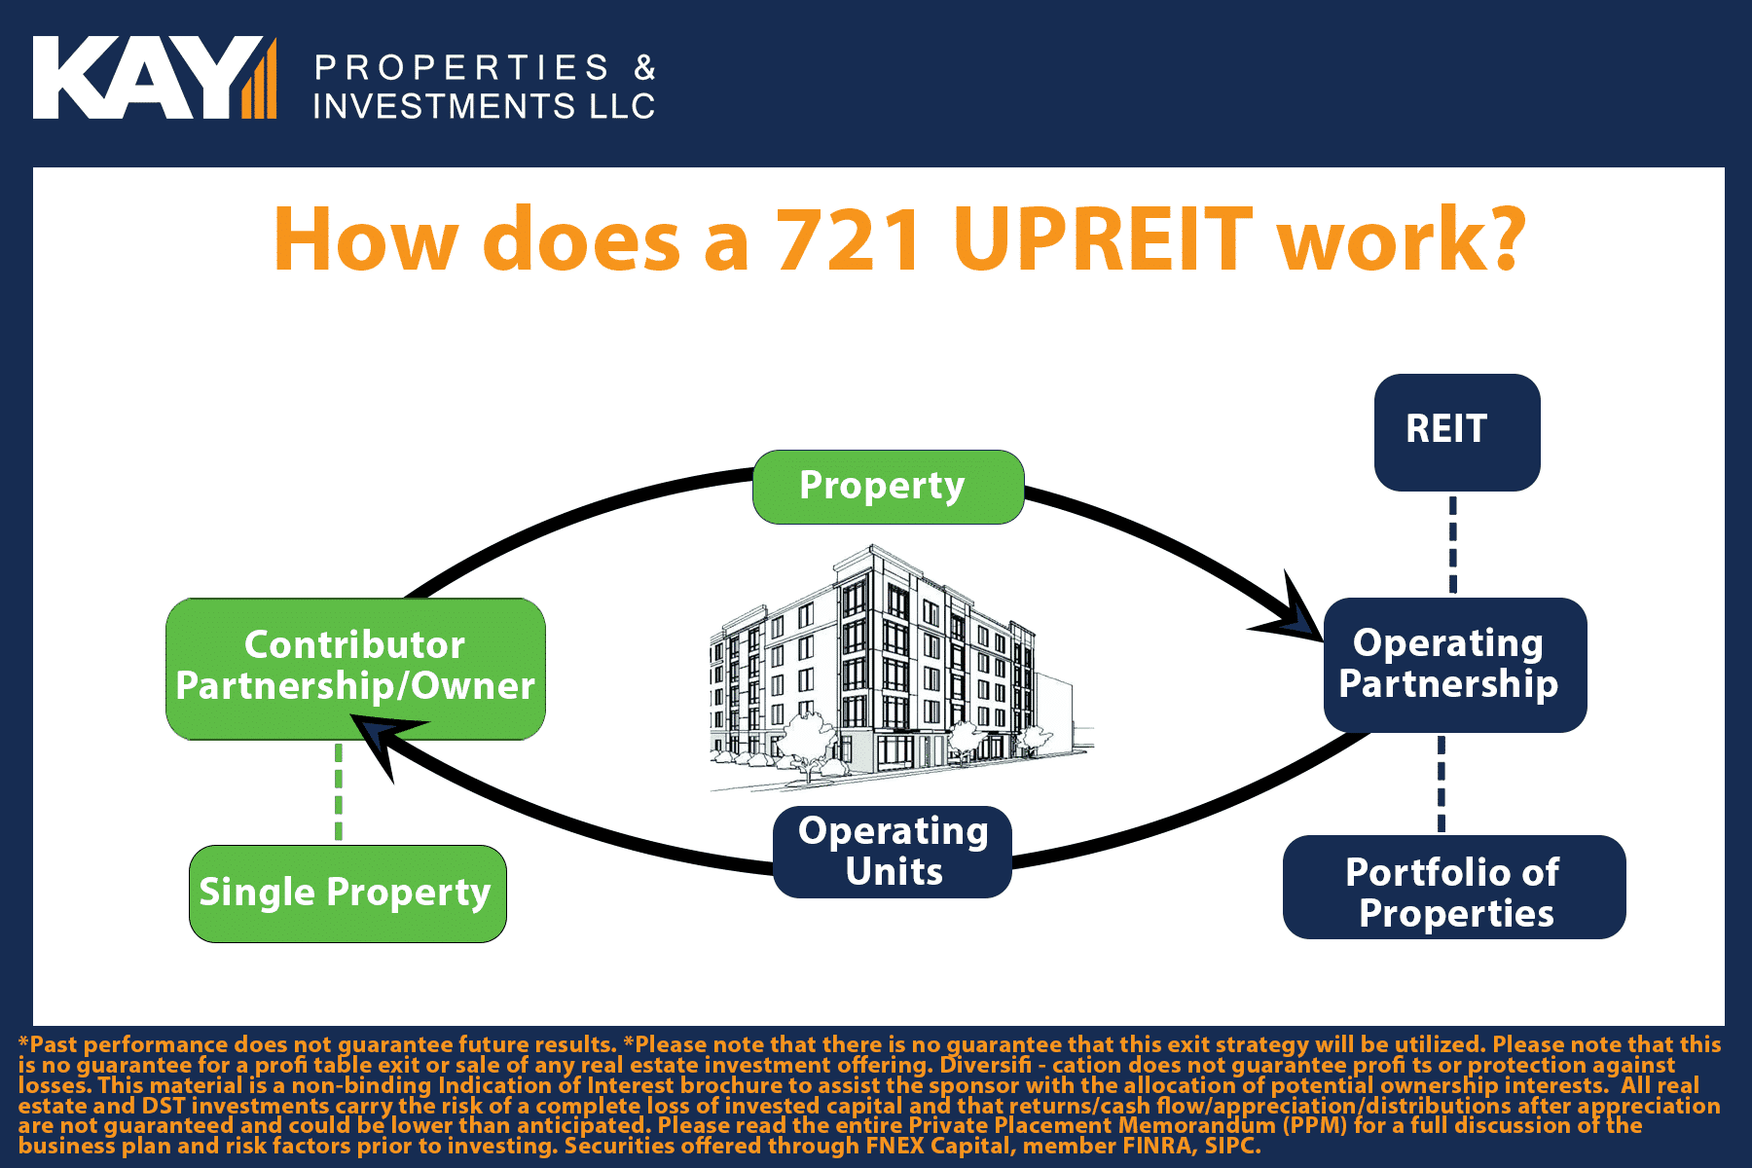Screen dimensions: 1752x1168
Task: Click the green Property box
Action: pos(888,487)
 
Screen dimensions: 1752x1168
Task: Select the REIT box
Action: pos(1457,432)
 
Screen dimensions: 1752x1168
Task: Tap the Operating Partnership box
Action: pos(1455,665)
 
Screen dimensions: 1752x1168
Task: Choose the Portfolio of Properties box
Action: pos(1454,887)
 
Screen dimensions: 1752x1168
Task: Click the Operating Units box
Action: pos(893,852)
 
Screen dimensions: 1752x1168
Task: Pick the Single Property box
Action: pos(347,894)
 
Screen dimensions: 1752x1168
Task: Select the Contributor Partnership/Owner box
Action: pos(355,669)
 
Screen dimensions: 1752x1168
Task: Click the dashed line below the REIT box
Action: pos(1453,545)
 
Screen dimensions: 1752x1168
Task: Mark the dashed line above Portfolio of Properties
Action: pos(1442,785)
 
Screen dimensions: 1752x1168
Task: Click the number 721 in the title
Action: pos(849,239)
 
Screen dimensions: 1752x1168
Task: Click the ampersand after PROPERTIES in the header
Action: pos(645,67)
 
